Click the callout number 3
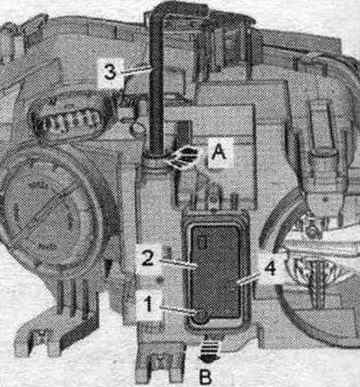(x=110, y=72)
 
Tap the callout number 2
(x=148, y=258)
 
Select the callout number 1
(x=149, y=304)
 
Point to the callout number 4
(x=270, y=268)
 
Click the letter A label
(x=219, y=152)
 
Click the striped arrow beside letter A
(x=182, y=157)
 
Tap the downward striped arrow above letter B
(x=210, y=350)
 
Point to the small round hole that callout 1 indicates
(x=199, y=316)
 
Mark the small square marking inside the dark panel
(x=202, y=242)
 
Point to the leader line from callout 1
(x=176, y=310)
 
